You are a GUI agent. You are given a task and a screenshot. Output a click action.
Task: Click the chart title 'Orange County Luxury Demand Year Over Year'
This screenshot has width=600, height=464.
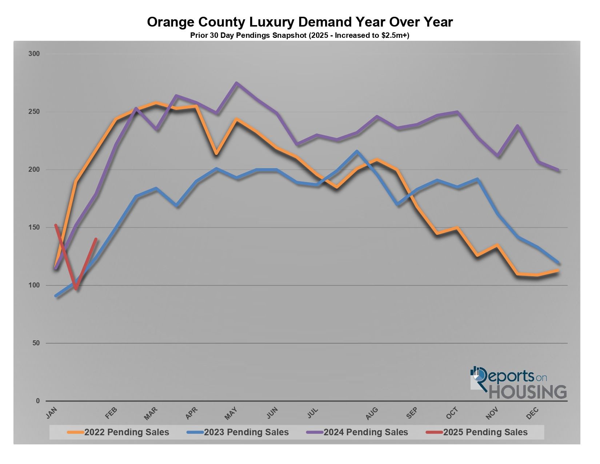[x=300, y=22]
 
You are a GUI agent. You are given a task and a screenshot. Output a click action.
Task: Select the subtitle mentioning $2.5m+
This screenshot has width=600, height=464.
[x=300, y=36]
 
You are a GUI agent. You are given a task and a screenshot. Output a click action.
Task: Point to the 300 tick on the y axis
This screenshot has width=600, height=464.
[x=34, y=54]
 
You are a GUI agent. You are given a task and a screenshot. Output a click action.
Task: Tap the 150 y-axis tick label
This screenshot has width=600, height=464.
[x=34, y=227]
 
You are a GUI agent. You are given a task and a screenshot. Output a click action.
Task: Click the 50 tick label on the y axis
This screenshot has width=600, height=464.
[x=35, y=343]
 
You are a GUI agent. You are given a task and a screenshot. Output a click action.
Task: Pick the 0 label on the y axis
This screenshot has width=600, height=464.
[x=37, y=401]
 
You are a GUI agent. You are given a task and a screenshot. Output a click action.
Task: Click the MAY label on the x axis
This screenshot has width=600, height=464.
[x=231, y=413]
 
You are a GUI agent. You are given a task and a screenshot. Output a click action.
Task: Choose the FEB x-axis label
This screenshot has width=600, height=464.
[x=111, y=413]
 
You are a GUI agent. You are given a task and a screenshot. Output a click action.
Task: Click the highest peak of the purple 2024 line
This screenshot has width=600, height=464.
[x=236, y=83]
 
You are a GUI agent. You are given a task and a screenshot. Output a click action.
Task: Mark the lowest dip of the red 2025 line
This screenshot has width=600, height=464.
[x=76, y=289]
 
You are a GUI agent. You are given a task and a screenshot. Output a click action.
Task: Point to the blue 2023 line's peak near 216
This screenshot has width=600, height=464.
[x=357, y=151]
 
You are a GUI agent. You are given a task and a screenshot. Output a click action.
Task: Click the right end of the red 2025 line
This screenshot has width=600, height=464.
[x=96, y=239]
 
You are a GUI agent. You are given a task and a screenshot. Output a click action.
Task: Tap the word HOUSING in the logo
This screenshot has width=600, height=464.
[x=528, y=392]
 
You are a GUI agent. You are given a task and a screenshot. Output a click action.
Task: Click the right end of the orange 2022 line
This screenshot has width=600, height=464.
[x=558, y=270]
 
